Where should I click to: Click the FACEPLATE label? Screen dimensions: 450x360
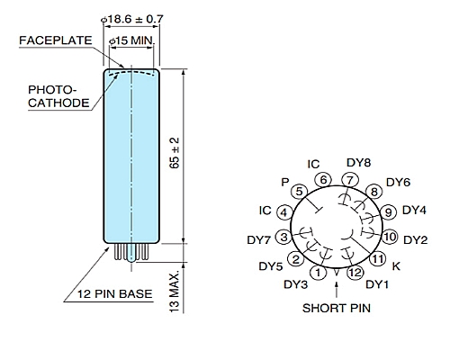pos(56,40)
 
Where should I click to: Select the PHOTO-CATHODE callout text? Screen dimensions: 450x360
pos(58,96)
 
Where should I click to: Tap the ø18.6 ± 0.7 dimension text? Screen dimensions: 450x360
pos(132,19)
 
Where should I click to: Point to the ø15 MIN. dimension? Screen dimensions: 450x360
pos(131,40)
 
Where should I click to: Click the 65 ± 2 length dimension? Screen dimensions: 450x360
pos(175,153)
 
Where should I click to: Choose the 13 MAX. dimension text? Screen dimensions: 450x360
pos(175,292)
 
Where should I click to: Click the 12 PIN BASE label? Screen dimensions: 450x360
pos(115,293)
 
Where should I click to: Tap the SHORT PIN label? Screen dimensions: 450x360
pos(337,308)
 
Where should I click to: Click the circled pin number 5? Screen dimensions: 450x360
pos(299,192)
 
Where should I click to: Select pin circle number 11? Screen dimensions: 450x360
pos(378,258)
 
